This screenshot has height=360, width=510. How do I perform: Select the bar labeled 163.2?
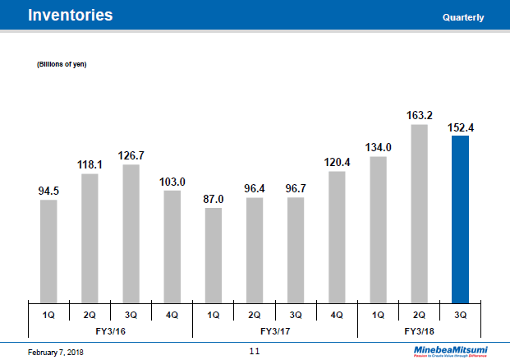(x=419, y=213)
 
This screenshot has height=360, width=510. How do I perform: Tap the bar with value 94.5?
(x=48, y=251)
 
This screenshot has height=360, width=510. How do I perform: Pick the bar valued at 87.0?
(x=214, y=255)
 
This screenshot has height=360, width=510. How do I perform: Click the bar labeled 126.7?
(x=131, y=233)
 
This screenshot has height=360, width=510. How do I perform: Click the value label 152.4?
(x=460, y=127)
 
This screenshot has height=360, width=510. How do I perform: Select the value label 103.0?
(x=172, y=182)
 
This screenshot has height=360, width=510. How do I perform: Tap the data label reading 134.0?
(x=378, y=147)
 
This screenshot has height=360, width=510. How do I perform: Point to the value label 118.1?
(x=90, y=164)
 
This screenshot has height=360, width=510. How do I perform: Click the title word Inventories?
(x=71, y=16)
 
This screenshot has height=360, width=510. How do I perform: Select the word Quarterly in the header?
(x=462, y=17)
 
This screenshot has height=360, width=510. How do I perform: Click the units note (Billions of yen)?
(x=62, y=64)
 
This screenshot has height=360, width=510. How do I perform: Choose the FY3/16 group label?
(x=111, y=330)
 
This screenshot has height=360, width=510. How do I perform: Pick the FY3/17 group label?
(x=275, y=330)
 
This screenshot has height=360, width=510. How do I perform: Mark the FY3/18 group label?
(x=419, y=330)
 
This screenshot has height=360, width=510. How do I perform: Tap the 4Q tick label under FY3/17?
(x=337, y=315)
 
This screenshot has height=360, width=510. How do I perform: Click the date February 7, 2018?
(x=56, y=352)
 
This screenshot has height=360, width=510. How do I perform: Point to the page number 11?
(x=255, y=351)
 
